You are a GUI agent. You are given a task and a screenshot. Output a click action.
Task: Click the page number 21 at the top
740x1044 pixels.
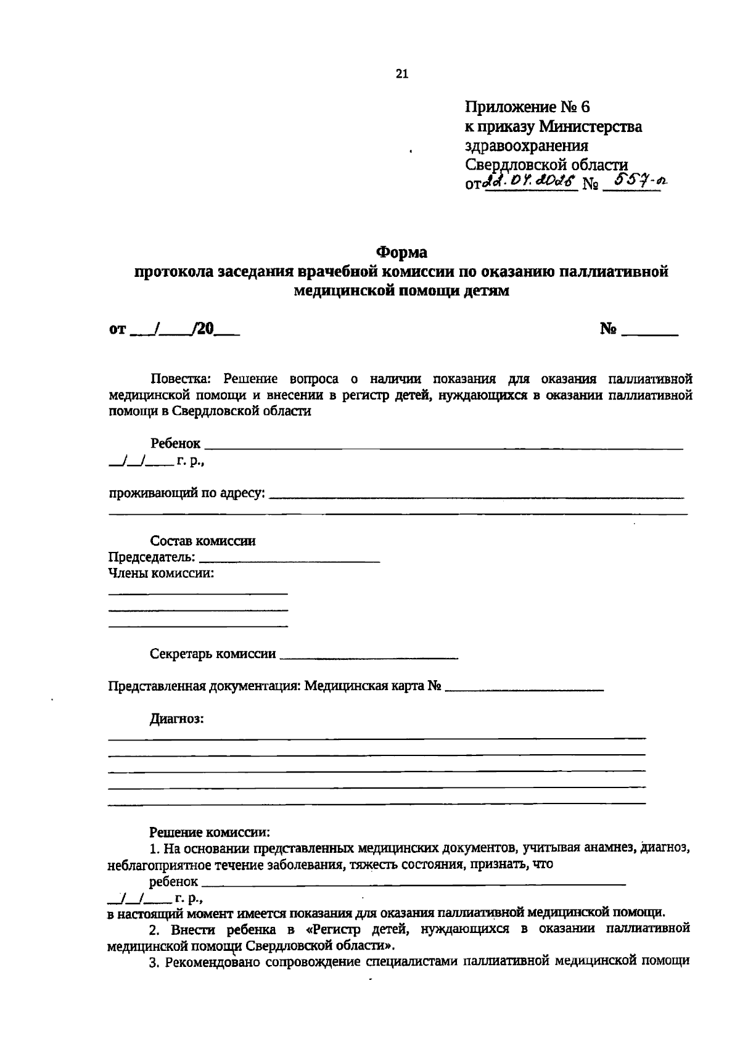(401, 74)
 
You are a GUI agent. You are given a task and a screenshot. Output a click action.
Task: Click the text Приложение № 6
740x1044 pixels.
(527, 107)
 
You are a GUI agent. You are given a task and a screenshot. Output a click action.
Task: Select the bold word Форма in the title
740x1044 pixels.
(401, 253)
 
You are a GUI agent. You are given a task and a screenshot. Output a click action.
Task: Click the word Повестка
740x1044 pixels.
(183, 378)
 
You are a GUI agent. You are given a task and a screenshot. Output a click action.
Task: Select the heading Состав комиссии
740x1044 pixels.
(203, 541)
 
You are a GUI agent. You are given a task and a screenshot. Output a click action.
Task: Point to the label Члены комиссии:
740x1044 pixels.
(161, 573)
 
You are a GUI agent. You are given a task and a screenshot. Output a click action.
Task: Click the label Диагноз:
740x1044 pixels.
(177, 718)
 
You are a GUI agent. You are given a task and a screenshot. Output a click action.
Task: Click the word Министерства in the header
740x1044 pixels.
(590, 127)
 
